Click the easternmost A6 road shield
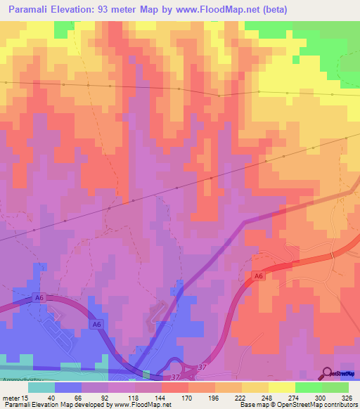(259, 276)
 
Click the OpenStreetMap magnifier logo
(327, 373)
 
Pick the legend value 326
(347, 398)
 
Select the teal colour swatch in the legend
(41, 387)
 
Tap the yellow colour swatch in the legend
(281, 387)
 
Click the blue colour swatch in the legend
(68, 387)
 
